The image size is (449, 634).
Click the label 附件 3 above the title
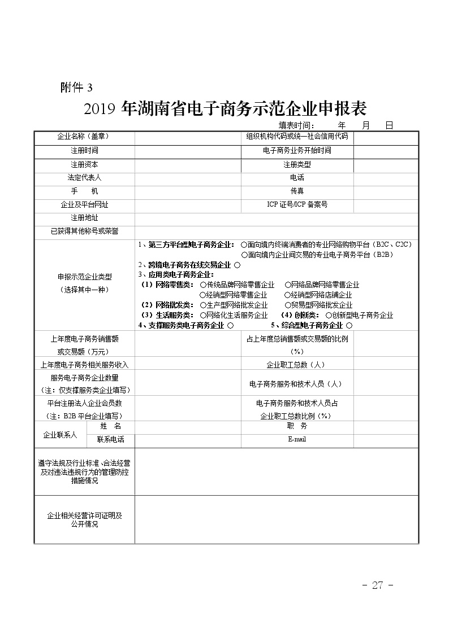pos(76,88)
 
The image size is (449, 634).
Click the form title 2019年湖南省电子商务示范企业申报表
pos(225,108)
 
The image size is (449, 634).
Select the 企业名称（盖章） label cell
pos(84,137)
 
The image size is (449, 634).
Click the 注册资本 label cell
pos(84,164)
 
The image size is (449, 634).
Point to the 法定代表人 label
pos(84,178)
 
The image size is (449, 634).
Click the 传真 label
pos(297,191)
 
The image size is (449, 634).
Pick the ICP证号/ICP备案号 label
pos(297,204)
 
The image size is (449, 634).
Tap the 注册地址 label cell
pos(84,218)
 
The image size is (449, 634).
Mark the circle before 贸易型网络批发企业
pos(288,305)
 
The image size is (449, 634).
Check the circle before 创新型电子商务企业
pos(329,316)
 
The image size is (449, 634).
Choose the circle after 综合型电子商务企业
pos(349,326)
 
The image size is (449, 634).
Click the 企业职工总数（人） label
pos(297,365)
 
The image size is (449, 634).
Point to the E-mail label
pos(297,439)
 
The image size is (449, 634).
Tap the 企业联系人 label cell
pos(60,435)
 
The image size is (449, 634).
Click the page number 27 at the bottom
pos(377,585)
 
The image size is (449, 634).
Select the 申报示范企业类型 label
pos(84,277)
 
